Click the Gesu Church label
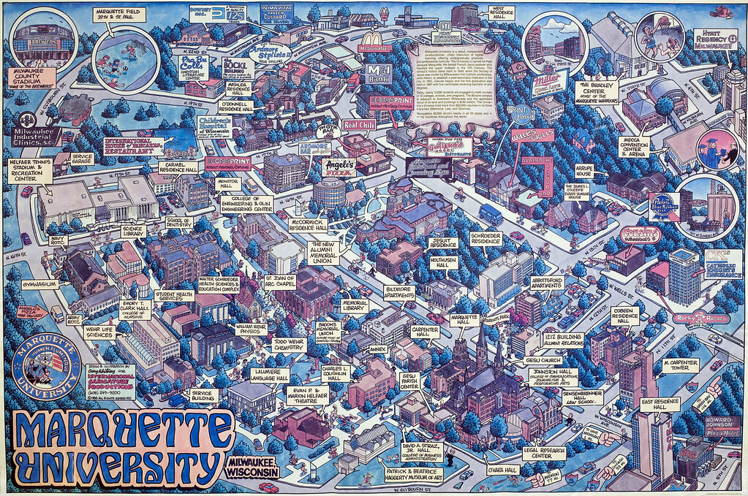(x=541, y=360)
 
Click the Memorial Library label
(x=355, y=306)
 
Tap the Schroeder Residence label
(x=486, y=237)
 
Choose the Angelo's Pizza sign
(x=340, y=167)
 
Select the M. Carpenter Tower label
(x=679, y=365)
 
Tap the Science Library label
(x=134, y=231)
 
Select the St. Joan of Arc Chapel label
(x=281, y=283)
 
